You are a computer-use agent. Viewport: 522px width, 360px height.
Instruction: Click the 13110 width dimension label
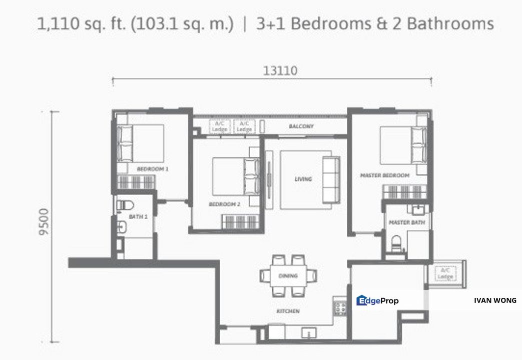[280, 71]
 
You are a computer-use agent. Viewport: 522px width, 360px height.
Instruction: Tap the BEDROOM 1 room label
[152, 169]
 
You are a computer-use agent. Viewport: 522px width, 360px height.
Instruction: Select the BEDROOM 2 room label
[225, 204]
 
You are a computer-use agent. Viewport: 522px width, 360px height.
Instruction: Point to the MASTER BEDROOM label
[385, 175]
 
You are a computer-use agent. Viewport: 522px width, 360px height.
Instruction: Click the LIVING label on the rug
[303, 179]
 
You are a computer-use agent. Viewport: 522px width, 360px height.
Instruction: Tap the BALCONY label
[301, 126]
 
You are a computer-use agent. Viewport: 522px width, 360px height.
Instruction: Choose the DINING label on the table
[288, 275]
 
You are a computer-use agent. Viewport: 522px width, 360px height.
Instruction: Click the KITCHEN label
[288, 311]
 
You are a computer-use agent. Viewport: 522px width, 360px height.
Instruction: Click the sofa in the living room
[331, 179]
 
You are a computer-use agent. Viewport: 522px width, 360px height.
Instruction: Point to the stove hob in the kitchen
[341, 308]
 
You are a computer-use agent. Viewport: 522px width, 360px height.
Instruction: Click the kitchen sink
[307, 332]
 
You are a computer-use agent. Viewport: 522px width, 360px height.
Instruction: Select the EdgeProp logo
[377, 300]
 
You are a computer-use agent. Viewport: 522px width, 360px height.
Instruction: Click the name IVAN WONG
[495, 300]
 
